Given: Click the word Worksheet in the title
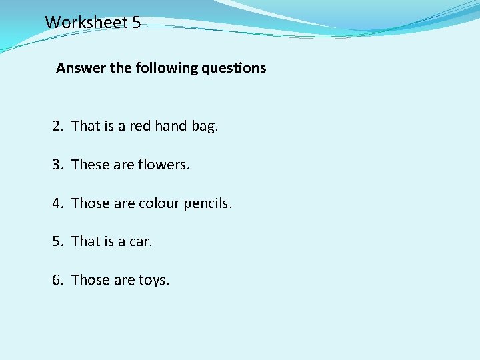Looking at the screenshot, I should coord(86,22).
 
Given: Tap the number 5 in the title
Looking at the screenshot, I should coord(136,22).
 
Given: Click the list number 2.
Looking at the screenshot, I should coord(57,126).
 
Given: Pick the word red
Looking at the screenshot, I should coord(140,126).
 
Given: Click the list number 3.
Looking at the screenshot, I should coord(57,165).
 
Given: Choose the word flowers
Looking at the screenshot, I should coord(164,165).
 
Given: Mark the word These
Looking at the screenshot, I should coord(90,165).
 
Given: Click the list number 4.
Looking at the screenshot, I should coord(57,203).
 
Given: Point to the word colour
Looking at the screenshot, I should coord(159,203).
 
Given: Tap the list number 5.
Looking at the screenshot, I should coord(57,241).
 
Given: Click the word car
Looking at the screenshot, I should coord(140,241).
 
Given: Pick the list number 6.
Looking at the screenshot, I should coord(57,280).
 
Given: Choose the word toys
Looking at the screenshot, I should coord(154,281).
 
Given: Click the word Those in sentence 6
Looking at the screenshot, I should coord(90,280).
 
